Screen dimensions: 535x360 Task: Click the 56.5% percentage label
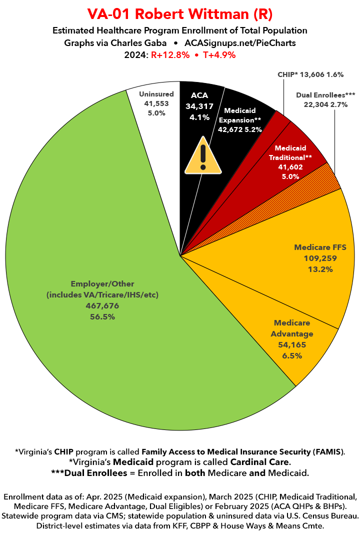tap(102, 316)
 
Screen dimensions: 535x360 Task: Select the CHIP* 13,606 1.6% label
tap(310, 74)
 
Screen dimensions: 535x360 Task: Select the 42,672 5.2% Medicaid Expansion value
tap(239, 129)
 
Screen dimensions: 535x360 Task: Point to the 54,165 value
tap(292, 344)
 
